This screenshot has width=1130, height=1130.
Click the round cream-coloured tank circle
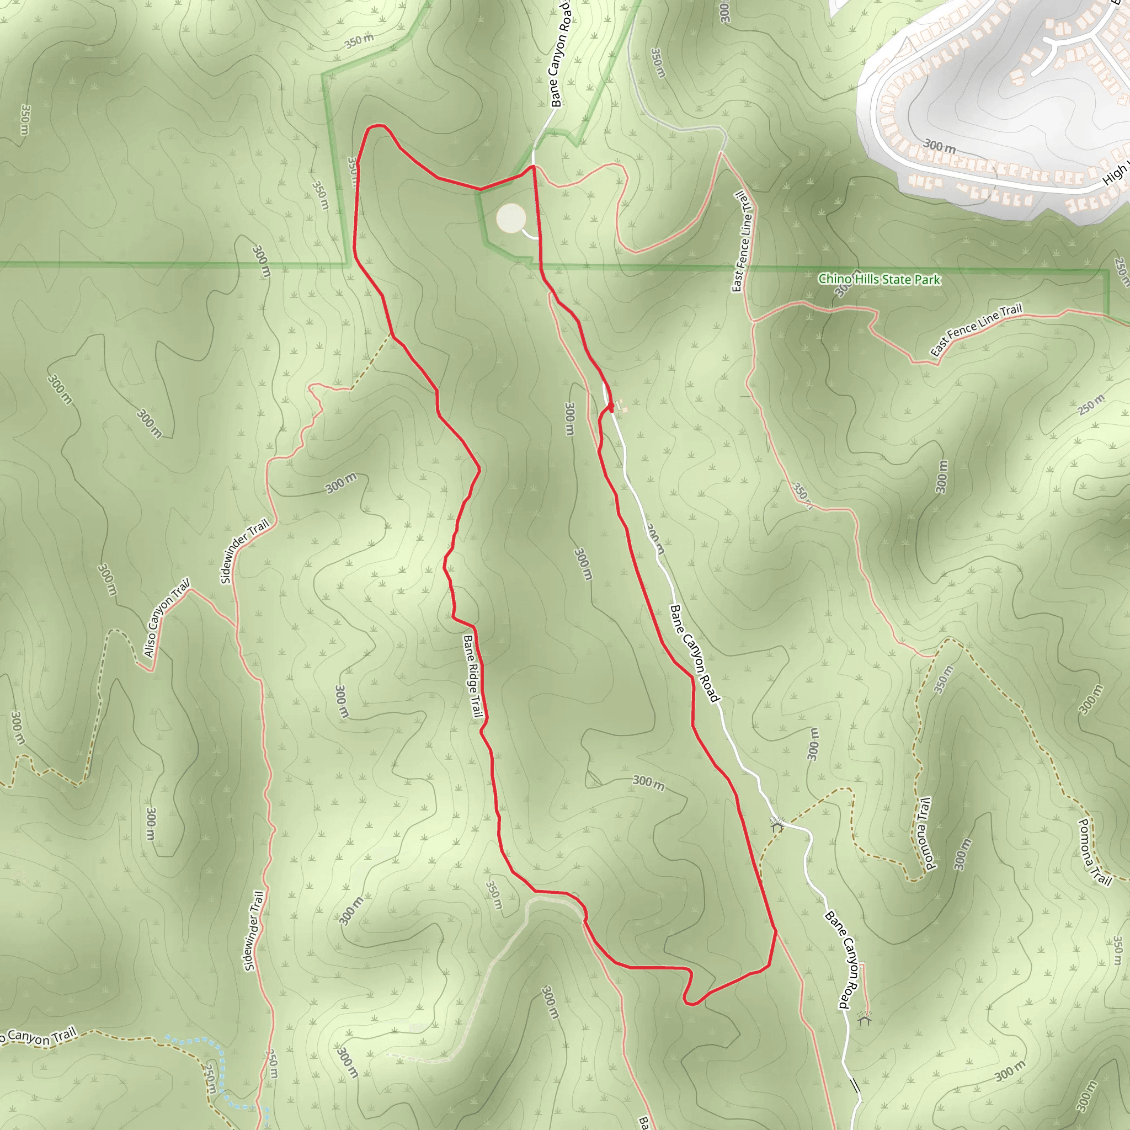click(511, 218)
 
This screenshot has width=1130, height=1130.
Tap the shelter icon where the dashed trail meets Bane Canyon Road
click(777, 825)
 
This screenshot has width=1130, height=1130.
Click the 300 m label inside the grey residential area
click(939, 146)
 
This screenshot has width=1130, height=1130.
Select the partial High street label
click(1115, 174)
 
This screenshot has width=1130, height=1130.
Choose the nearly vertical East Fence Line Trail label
click(742, 241)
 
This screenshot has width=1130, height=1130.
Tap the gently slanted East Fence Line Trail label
click(976, 330)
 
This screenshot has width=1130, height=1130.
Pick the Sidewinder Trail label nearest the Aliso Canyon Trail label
click(244, 551)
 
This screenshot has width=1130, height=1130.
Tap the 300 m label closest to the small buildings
click(569, 418)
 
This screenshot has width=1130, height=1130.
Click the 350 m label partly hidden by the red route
click(352, 169)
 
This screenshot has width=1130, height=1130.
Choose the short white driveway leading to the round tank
click(530, 236)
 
